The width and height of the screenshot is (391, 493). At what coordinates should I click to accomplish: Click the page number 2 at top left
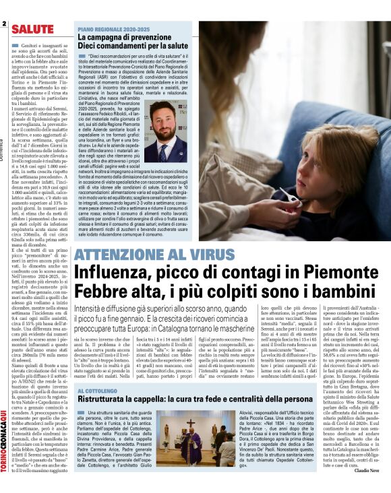point(3,25)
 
